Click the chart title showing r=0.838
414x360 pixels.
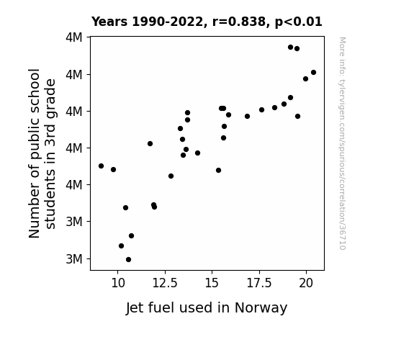(207, 22)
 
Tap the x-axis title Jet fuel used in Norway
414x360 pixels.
(207, 308)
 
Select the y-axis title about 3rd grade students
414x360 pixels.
(42, 153)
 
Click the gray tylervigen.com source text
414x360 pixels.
(342, 143)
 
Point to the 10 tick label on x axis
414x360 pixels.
(118, 284)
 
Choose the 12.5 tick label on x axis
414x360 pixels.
(165, 284)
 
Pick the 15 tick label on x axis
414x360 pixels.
(212, 284)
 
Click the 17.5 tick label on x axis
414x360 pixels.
(259, 284)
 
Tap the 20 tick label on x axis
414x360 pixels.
(306, 284)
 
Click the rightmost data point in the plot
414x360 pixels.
(313, 73)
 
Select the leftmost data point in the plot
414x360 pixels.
(101, 166)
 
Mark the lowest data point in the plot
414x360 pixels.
(129, 260)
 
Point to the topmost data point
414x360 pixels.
(290, 48)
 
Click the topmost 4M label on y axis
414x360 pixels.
(74, 37)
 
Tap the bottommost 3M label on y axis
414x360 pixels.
(74, 259)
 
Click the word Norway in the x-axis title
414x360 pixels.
(261, 308)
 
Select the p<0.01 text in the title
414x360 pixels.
(299, 22)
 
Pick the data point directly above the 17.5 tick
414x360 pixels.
(261, 110)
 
